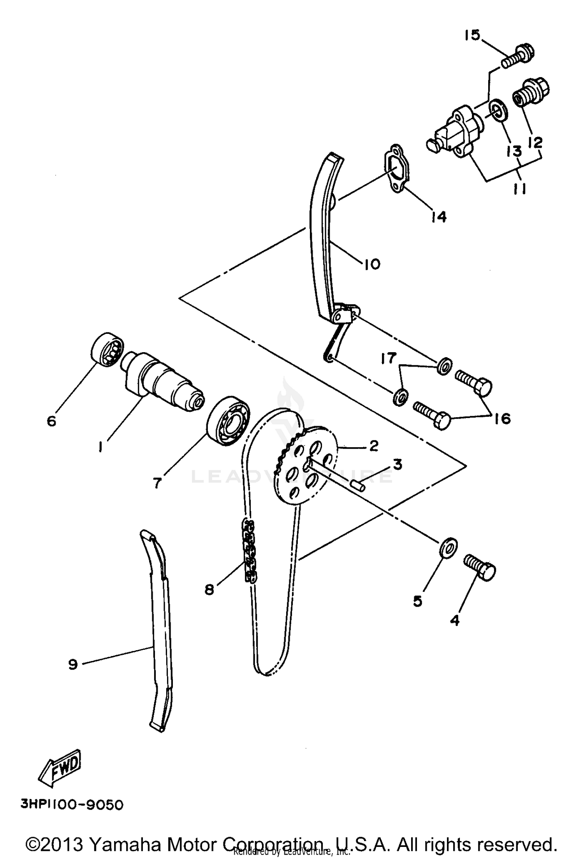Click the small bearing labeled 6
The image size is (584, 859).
point(107,349)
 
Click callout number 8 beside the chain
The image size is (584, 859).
point(209,591)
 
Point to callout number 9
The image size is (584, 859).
point(73,664)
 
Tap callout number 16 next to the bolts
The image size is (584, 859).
point(503,419)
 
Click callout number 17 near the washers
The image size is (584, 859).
point(388,358)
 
